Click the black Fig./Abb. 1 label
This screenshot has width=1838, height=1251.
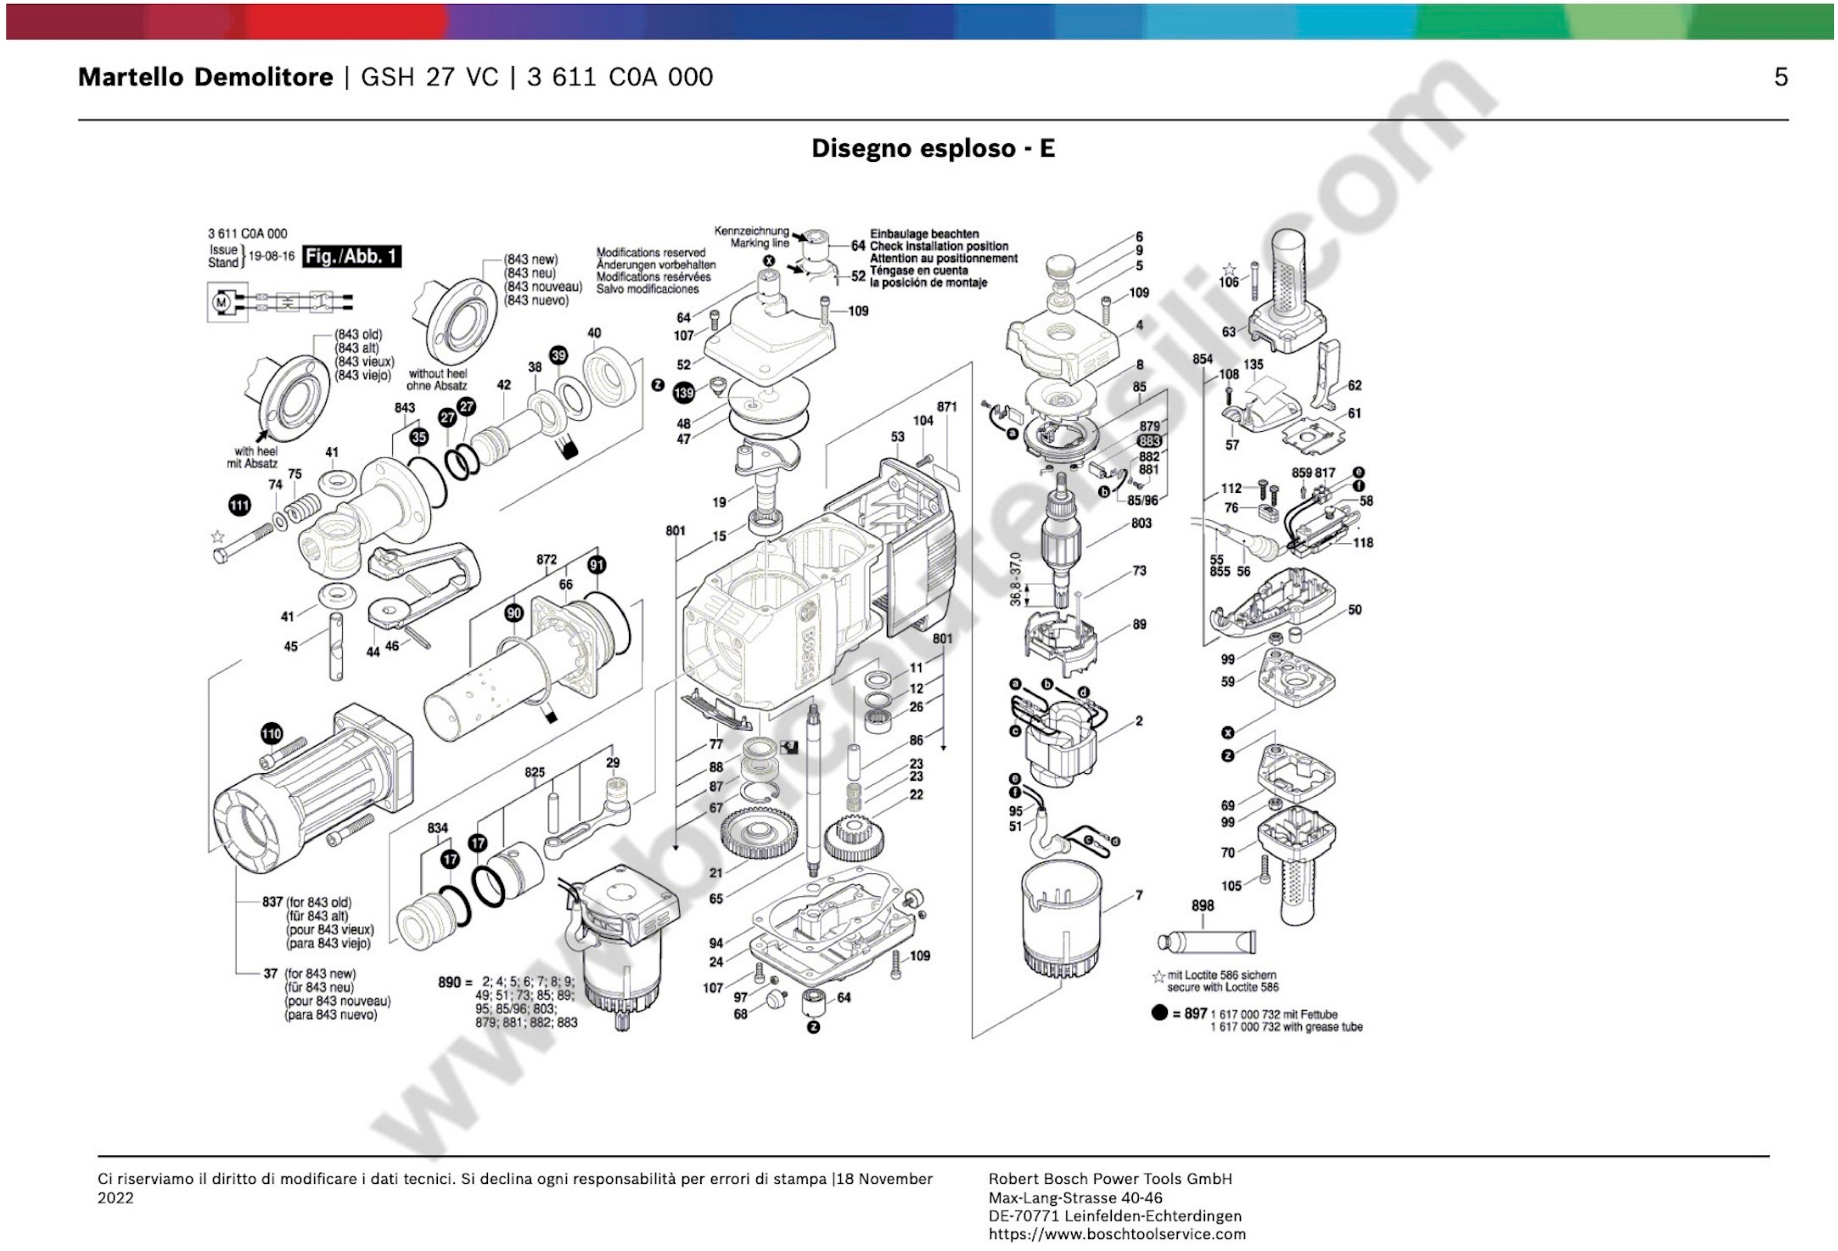click(x=351, y=256)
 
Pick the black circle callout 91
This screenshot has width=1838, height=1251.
click(x=597, y=564)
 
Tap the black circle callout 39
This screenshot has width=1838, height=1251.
click(x=558, y=355)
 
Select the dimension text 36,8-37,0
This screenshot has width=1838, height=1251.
click(x=1016, y=579)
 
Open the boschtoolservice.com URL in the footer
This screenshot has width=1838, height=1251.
click(x=1117, y=1233)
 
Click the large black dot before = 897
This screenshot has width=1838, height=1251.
click(x=1159, y=1013)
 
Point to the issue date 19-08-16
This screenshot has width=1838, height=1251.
click(x=271, y=256)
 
